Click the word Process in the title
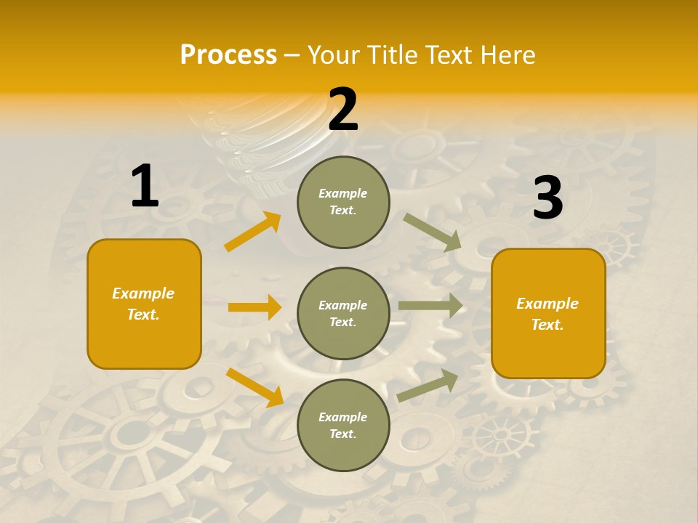click(x=228, y=54)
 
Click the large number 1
click(x=145, y=187)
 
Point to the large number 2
click(x=343, y=110)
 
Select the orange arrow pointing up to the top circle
click(x=253, y=232)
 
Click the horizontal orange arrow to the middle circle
click(x=254, y=307)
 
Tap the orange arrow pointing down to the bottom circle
click(x=255, y=387)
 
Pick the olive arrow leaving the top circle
click(x=432, y=232)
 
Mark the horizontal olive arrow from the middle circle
click(x=430, y=305)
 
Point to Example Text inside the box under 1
click(x=144, y=304)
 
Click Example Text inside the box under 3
click(x=547, y=314)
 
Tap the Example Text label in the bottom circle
click(x=343, y=425)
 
